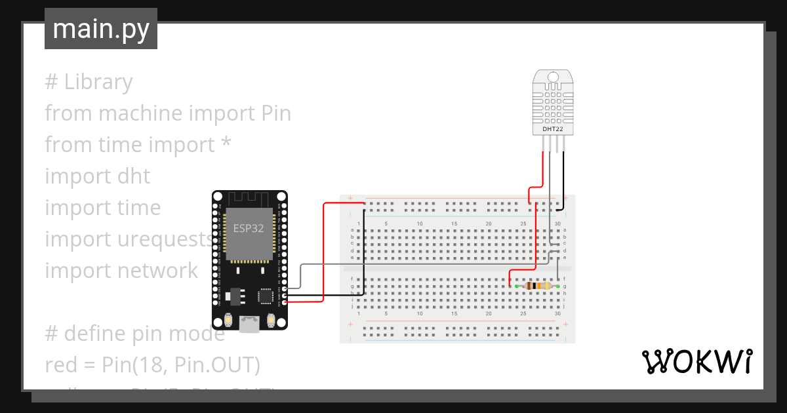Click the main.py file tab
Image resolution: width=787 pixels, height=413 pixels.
tap(100, 29)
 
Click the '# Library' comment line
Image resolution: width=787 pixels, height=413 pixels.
tap(89, 82)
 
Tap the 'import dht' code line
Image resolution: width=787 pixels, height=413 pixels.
tap(97, 176)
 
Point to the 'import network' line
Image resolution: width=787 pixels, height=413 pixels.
tap(121, 271)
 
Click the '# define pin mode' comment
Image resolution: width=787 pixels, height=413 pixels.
tap(134, 334)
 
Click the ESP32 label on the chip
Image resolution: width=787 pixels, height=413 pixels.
tap(249, 229)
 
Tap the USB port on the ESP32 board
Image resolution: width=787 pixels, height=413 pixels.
tap(249, 323)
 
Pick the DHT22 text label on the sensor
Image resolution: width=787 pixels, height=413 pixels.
tap(552, 129)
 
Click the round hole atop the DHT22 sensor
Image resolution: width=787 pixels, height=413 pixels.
tap(552, 78)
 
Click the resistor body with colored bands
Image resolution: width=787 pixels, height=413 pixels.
tap(537, 286)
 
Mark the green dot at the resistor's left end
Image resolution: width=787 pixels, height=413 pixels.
tap(517, 286)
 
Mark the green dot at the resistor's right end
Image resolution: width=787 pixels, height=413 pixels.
tap(557, 286)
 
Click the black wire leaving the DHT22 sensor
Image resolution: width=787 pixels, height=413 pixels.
tap(563, 177)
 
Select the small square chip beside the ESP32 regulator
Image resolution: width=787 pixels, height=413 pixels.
tap(266, 296)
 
